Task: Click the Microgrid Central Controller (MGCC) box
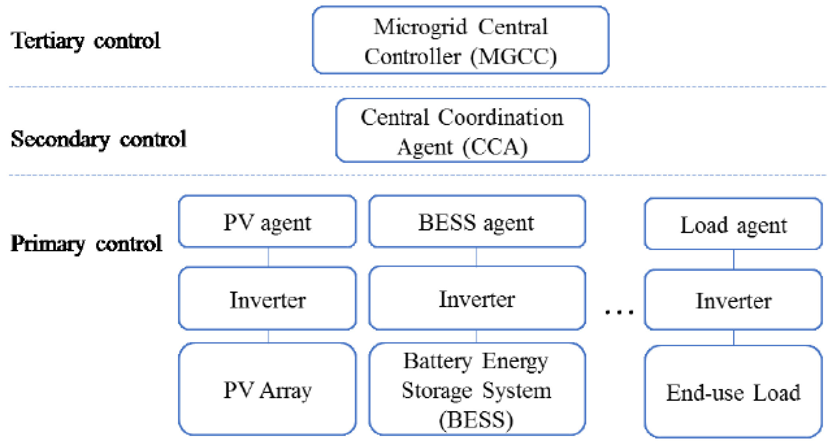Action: tap(460, 40)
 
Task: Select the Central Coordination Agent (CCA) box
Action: tap(462, 130)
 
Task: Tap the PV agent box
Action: tap(267, 222)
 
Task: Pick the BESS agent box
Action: tap(477, 222)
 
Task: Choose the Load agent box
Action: tap(733, 224)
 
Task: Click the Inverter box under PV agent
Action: tap(267, 299)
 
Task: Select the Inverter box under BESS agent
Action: tap(477, 298)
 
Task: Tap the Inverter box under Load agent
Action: tap(733, 300)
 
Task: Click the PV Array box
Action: tap(267, 389)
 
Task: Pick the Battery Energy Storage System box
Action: tap(477, 389)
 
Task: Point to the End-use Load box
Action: tap(733, 392)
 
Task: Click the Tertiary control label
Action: tap(85, 41)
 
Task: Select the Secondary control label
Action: tap(98, 139)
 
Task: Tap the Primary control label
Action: tap(86, 244)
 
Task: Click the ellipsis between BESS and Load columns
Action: tap(619, 311)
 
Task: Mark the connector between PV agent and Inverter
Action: tap(268, 257)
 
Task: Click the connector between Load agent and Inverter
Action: tap(734, 260)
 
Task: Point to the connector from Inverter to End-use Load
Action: tap(734, 338)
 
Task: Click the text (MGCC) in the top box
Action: tap(514, 56)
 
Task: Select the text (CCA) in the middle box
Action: tap(495, 147)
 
